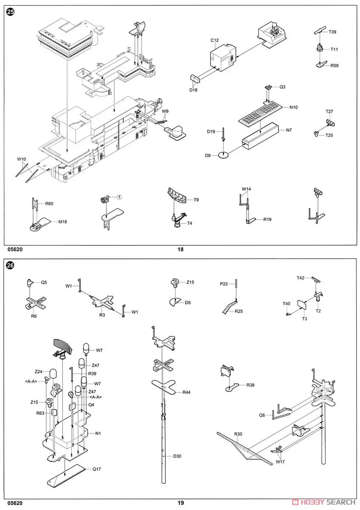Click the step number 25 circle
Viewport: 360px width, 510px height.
click(10, 12)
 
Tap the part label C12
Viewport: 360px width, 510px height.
click(215, 40)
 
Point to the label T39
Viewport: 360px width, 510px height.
click(332, 31)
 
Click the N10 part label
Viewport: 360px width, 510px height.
click(294, 107)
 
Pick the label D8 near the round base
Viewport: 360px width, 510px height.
click(208, 156)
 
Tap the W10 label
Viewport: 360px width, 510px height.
click(21, 159)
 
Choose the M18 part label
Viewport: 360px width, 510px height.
click(63, 221)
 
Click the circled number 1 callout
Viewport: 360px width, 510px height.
click(119, 197)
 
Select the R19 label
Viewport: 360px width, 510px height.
click(267, 219)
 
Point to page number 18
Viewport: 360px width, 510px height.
click(180, 249)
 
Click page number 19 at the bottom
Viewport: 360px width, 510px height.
click(181, 503)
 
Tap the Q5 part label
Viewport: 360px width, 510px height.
click(44, 282)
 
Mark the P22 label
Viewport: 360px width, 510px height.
click(224, 284)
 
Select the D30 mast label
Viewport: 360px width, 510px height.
click(177, 456)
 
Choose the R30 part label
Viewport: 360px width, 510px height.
click(238, 434)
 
